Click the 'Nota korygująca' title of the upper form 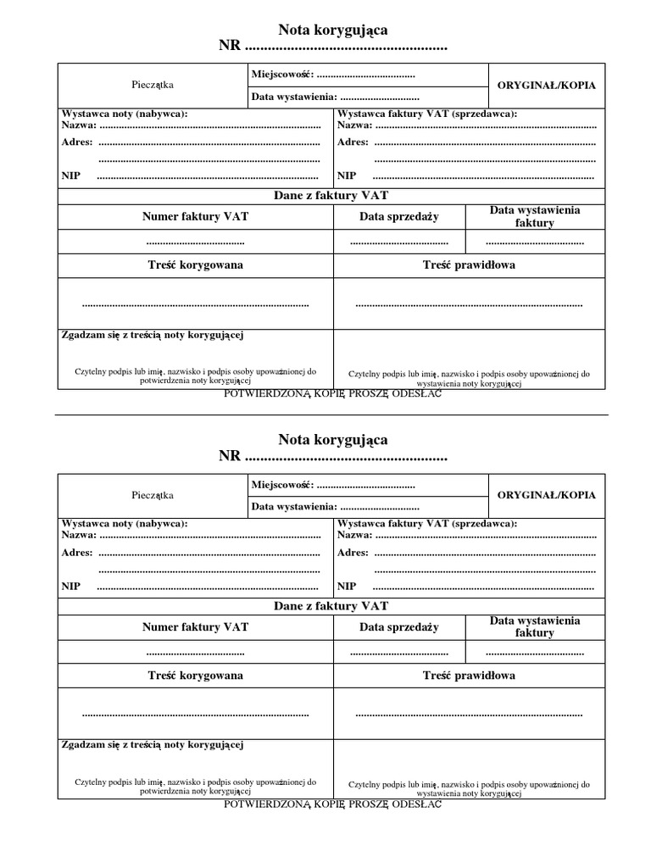[333, 30]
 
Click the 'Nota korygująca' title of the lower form [333, 439]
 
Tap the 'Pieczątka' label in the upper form [153, 86]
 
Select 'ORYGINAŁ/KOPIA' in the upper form [546, 86]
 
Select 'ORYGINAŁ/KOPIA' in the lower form [546, 495]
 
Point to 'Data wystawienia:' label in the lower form [294, 507]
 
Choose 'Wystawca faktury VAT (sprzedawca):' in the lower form [427, 524]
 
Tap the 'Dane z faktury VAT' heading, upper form [331, 196]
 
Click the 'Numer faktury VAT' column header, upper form [196, 217]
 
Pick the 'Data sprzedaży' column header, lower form [398, 627]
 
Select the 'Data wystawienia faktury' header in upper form [535, 217]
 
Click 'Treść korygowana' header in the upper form [196, 265]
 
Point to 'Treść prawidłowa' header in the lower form [469, 676]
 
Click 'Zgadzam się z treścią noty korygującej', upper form [153, 336]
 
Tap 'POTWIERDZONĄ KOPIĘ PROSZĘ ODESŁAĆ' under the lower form [332, 804]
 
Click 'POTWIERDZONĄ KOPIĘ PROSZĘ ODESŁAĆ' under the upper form [332, 394]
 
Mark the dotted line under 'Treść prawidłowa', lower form [469, 714]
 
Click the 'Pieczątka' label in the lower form [153, 495]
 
